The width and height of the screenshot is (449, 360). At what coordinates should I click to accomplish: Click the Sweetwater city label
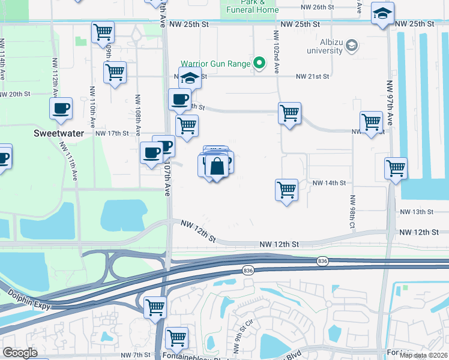coord(58,133)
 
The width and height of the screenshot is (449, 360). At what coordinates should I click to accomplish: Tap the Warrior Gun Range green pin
coord(259,62)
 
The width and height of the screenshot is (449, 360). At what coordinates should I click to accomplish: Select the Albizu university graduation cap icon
coord(352,45)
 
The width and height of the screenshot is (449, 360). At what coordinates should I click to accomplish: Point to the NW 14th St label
coord(330,182)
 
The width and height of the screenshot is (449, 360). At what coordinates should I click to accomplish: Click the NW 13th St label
coord(417,212)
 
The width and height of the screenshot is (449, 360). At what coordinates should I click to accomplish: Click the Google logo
coord(20,353)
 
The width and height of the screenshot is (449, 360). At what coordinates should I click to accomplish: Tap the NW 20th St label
coord(14,94)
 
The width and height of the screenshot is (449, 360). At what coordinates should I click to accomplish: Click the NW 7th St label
coord(133,355)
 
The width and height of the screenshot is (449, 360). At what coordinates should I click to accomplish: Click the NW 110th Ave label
coord(92,113)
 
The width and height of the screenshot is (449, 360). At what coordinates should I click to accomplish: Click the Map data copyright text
coord(423,355)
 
